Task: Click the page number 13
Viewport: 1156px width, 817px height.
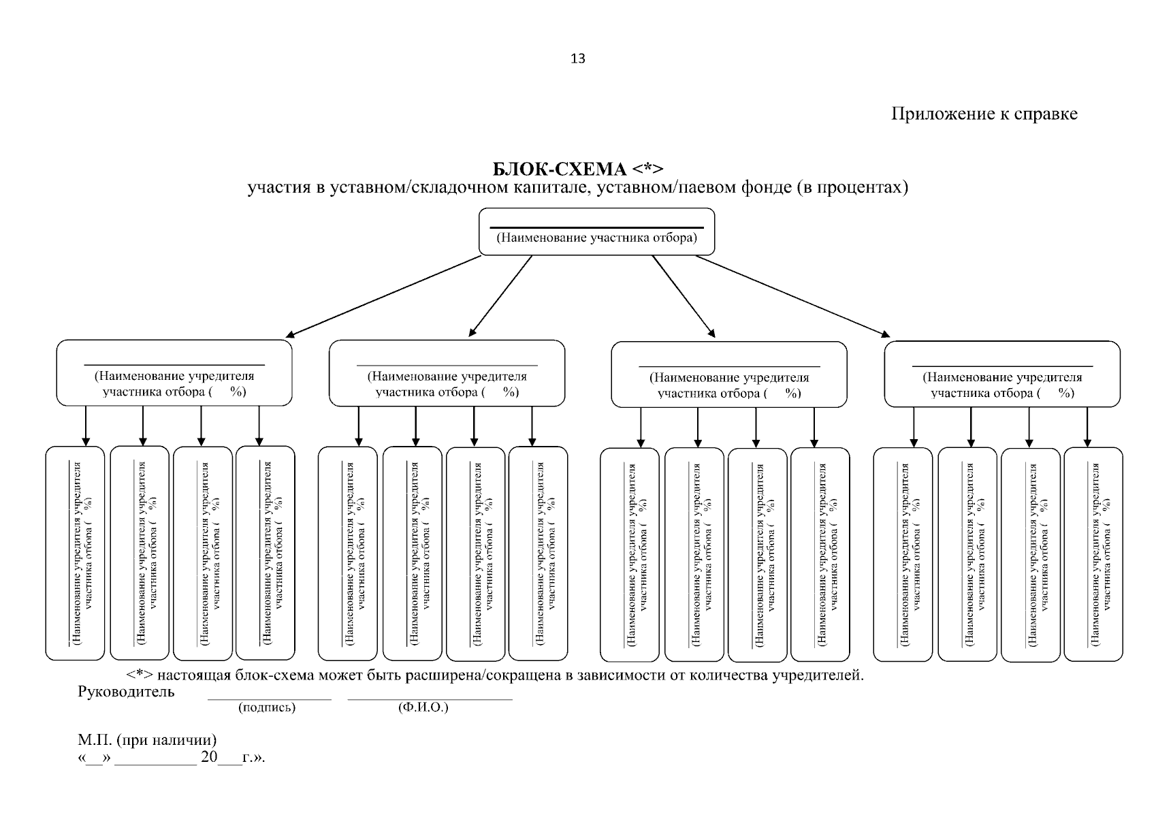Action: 577,59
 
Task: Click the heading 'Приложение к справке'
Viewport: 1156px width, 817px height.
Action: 984,114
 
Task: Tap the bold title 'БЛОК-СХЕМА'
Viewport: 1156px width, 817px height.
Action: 560,169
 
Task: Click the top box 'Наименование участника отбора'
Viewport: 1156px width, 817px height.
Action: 596,231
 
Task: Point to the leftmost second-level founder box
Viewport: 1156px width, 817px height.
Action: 174,372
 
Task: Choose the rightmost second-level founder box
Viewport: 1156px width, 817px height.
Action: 1002,374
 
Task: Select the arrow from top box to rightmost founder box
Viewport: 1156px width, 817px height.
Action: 792,296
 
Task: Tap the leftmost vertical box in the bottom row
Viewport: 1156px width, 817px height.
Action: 76,554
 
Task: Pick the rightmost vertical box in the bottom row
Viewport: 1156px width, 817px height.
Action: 1093,554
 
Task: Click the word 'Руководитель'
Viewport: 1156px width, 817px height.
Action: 126,692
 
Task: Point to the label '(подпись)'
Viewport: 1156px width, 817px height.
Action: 267,707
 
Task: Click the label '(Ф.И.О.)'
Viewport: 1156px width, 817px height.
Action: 423,707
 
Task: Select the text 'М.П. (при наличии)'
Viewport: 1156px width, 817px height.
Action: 147,740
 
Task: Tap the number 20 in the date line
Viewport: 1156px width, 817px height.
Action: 209,756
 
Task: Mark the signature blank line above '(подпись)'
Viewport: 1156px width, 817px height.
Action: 270,699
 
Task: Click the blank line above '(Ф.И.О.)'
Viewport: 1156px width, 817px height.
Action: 430,699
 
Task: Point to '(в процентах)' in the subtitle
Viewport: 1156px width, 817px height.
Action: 852,187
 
